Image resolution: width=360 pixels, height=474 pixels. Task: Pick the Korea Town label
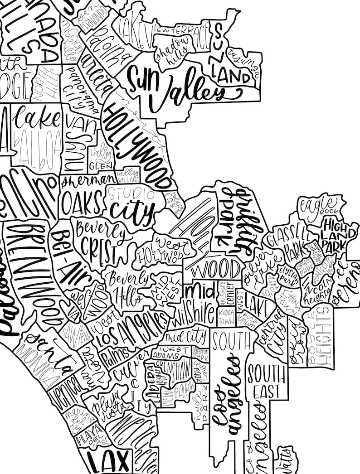point(226,317)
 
